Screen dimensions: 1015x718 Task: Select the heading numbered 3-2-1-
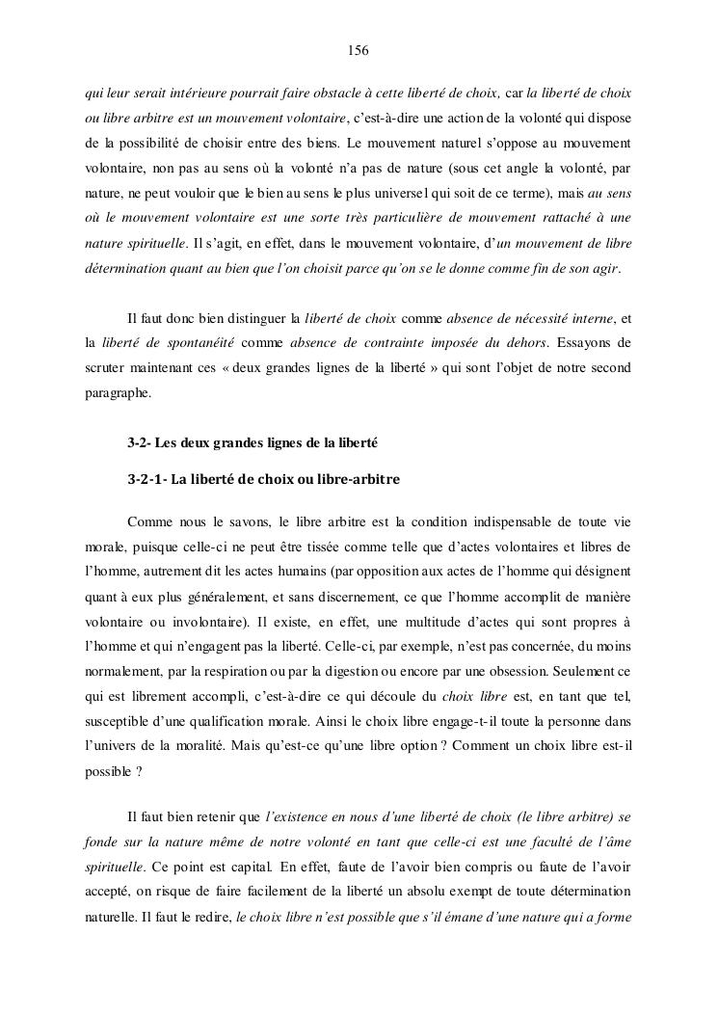[263, 479]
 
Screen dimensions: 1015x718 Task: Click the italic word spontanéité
[196, 343]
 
